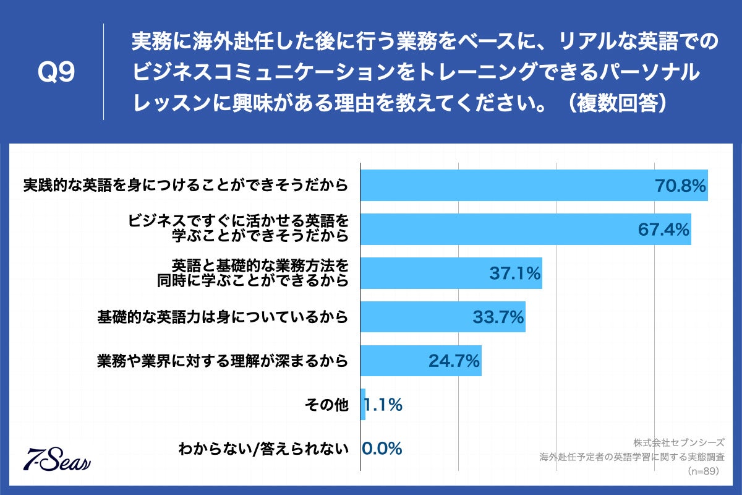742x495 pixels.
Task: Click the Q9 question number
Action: coord(56,73)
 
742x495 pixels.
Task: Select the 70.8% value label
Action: coord(680,185)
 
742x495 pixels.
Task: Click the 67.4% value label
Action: coord(663,229)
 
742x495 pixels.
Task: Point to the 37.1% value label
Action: coord(515,273)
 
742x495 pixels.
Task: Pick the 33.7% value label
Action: coord(498,317)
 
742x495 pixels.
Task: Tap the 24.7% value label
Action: coord(454,361)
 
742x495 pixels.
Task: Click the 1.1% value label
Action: coord(383,405)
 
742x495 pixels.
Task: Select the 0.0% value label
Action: coord(382,448)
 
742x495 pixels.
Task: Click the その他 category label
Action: coord(327,405)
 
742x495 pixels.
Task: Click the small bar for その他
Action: coord(363,405)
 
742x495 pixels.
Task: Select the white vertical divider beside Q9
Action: coord(103,72)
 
